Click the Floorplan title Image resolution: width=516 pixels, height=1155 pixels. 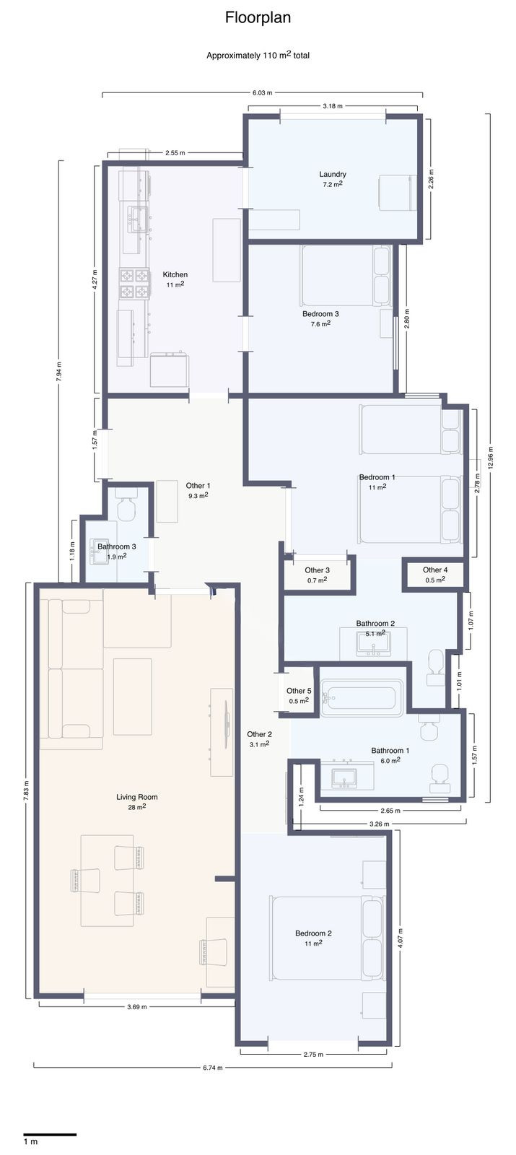pyautogui.click(x=258, y=18)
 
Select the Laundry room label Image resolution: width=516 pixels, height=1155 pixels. pyautogui.click(x=333, y=174)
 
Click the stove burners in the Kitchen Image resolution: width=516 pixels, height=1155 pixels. pyautogui.click(x=134, y=284)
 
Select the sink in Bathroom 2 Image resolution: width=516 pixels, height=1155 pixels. pyautogui.click(x=373, y=643)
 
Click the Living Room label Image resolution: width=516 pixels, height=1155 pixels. pyautogui.click(x=137, y=797)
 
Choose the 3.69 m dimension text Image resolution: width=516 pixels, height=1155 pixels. pyautogui.click(x=137, y=1006)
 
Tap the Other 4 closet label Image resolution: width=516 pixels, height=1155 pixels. pyautogui.click(x=435, y=570)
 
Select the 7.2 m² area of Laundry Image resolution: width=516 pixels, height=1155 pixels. pyautogui.click(x=333, y=184)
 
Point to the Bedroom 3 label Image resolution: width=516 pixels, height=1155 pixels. pyautogui.click(x=320, y=313)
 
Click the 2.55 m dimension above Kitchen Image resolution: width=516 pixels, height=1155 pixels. pyautogui.click(x=175, y=152)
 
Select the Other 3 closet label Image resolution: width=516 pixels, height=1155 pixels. pyautogui.click(x=317, y=570)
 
